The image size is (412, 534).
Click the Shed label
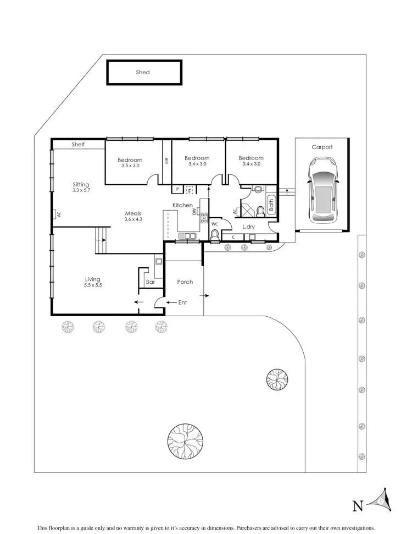[x=143, y=72]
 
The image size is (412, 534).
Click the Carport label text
[x=322, y=147]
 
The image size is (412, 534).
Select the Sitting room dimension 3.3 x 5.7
[x=81, y=190]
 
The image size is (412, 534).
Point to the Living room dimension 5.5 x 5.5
[x=92, y=285]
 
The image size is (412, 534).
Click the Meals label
[x=133, y=213]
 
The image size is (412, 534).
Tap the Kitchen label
[x=182, y=205]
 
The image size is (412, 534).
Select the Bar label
[x=151, y=282]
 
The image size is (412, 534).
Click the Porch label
[x=185, y=282]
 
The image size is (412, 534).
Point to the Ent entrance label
[x=182, y=302]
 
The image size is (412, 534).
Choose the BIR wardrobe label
[x=166, y=161]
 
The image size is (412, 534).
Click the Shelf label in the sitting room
[x=79, y=145]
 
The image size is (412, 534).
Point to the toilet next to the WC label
[x=215, y=235]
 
